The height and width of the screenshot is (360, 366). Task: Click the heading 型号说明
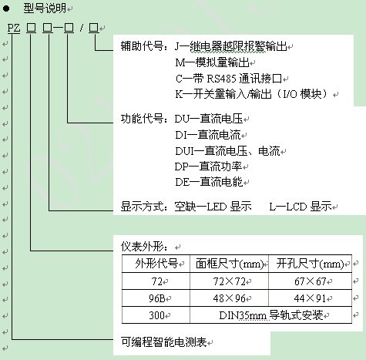pos(45,8)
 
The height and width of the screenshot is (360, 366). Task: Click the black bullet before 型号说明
pos(6,8)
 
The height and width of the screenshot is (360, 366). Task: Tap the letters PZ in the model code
pos(14,28)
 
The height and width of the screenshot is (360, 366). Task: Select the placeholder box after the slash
pos(93,28)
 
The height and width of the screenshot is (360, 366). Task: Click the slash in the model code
pos(82,28)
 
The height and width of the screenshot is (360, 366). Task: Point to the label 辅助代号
pos(142,46)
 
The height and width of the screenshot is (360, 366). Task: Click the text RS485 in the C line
pos(221,79)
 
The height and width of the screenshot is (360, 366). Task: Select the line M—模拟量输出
pos(212,62)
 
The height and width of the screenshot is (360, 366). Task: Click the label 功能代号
pos(142,119)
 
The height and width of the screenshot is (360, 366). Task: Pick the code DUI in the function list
pos(184,151)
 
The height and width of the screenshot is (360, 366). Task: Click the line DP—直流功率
pos(208,167)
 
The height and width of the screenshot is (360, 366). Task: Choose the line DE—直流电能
pos(209,182)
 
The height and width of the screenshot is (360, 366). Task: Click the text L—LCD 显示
pos(301,207)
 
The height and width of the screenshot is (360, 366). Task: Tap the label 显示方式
pos(142,207)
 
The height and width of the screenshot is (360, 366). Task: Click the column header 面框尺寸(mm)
pos(230,264)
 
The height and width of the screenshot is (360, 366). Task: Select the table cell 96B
pos(156,298)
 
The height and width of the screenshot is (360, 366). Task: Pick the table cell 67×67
pos(310,281)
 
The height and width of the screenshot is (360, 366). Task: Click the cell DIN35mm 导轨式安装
pos(271,315)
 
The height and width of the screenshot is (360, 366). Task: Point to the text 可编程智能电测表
pos(163,342)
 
